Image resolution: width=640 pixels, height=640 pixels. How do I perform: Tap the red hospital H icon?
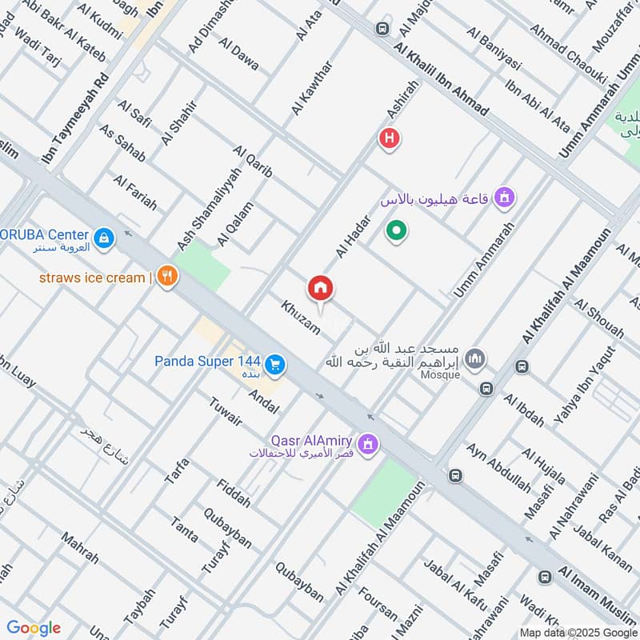pos(390,138)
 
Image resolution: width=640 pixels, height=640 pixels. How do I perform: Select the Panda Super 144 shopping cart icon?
pos(275,365)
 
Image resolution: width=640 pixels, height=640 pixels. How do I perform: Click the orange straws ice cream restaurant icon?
pos(167,277)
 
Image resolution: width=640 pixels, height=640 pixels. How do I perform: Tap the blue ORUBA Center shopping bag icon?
pos(103,238)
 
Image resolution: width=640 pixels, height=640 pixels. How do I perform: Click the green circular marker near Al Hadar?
pos(395,233)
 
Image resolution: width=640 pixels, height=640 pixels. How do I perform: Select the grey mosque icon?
pos(474,358)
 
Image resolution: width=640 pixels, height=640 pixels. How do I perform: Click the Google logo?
pos(34,628)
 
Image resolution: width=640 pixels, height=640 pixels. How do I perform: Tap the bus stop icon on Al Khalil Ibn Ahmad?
pos(382,30)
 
